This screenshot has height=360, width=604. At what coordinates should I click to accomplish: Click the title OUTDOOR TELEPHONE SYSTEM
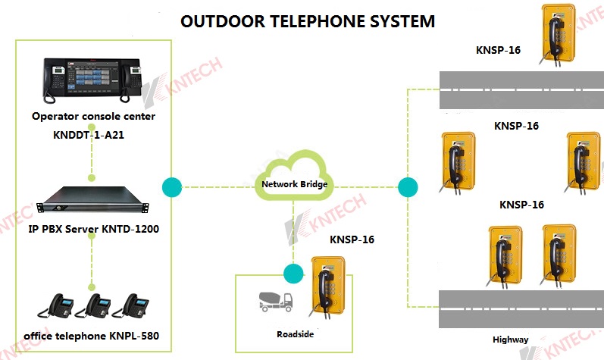coord(308,20)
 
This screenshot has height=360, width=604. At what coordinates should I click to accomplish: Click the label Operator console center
coord(93,117)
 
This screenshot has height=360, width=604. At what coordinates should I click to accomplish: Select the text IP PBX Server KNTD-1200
coord(93,228)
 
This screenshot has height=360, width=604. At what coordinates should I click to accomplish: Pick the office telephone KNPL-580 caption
coord(92,334)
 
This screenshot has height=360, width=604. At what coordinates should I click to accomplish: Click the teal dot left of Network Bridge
coord(172,186)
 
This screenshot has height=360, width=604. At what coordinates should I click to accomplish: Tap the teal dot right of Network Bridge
coord(408,186)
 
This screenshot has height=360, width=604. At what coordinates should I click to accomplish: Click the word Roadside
coord(295,333)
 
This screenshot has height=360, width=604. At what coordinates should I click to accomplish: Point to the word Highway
coord(511,340)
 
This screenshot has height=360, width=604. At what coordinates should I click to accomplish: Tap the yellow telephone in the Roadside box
coord(329,286)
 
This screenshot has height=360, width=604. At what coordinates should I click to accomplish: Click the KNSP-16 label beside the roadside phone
coord(352,240)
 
